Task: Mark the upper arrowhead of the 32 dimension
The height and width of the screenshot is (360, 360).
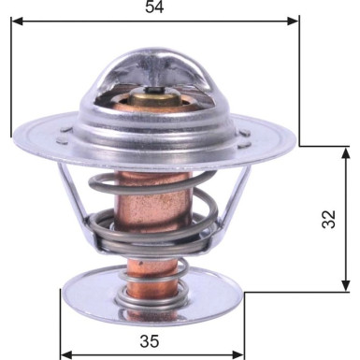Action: click(x=345, y=152)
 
